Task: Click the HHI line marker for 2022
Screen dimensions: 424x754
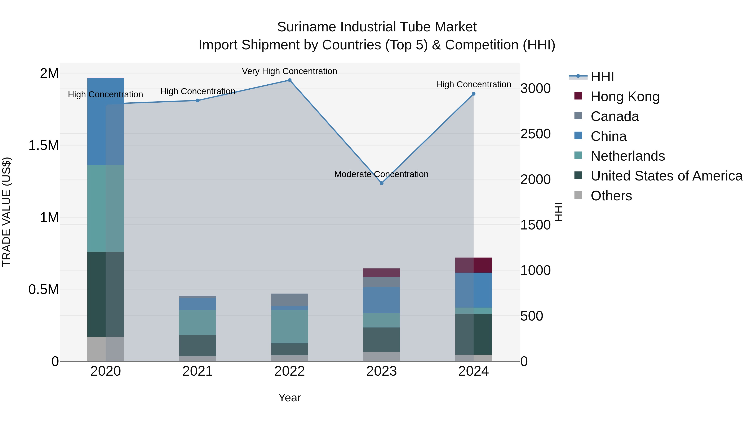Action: (x=289, y=80)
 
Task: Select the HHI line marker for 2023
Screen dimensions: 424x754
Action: (x=381, y=183)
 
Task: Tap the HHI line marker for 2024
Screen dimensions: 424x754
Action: (x=474, y=94)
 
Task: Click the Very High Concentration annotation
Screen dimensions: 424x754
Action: (x=289, y=71)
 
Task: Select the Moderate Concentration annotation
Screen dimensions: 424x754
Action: (x=381, y=174)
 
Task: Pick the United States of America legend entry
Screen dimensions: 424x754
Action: (x=666, y=176)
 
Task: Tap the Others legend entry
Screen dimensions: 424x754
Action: (x=611, y=196)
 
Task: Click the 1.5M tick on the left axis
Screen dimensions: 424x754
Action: (x=44, y=146)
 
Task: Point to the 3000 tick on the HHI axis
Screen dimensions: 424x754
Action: (x=535, y=88)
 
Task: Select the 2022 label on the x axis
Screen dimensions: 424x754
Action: (x=289, y=371)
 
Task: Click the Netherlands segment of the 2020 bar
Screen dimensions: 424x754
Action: (x=106, y=208)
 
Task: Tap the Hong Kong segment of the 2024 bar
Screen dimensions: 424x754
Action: (x=474, y=265)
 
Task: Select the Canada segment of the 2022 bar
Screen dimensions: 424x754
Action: (x=289, y=300)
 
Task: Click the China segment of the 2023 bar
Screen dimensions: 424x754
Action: (x=381, y=300)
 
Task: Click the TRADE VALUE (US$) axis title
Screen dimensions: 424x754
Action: (x=6, y=212)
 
